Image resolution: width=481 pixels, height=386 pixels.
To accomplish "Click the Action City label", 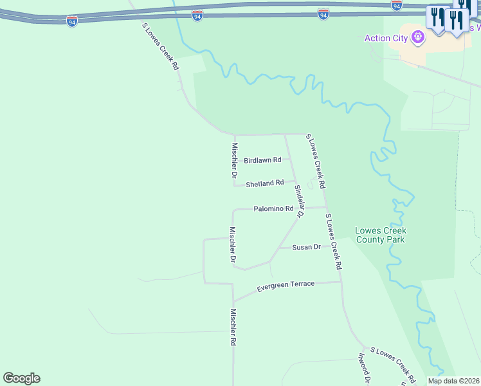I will click(x=386, y=38).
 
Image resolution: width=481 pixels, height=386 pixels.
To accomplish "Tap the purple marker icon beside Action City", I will click(x=419, y=37).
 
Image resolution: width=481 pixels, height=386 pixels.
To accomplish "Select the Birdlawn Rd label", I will click(x=262, y=160).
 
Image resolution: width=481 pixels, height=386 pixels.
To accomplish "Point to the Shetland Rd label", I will click(x=264, y=183).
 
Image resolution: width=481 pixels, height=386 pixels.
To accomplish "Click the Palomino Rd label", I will click(x=273, y=208).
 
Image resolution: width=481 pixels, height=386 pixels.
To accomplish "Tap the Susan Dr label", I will click(x=306, y=247).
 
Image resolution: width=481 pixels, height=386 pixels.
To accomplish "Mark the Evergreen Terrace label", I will click(x=286, y=284).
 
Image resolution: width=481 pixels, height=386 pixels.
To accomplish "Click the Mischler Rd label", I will click(x=233, y=327).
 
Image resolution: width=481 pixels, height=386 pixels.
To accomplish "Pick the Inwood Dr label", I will click(x=363, y=368).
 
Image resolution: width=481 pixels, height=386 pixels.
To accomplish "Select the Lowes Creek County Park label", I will click(x=381, y=235).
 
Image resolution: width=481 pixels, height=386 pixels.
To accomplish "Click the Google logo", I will click(x=21, y=378).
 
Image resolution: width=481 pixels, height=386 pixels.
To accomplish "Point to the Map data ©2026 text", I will click(x=453, y=381).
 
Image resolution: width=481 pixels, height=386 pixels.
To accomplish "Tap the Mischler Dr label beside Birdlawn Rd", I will click(x=235, y=160).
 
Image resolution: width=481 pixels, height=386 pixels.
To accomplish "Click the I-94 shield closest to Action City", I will click(x=396, y=5).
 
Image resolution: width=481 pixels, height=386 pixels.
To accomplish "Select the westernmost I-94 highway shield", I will click(x=71, y=21).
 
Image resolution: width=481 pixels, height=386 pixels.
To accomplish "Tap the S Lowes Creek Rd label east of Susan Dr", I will click(x=333, y=241).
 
